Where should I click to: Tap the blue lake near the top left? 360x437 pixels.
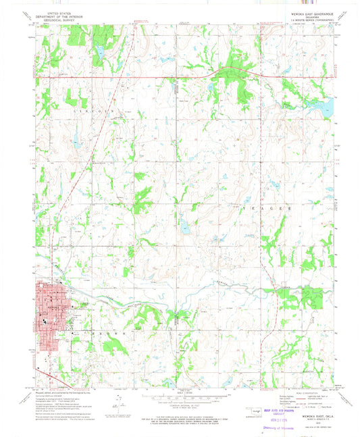pos(100,51)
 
